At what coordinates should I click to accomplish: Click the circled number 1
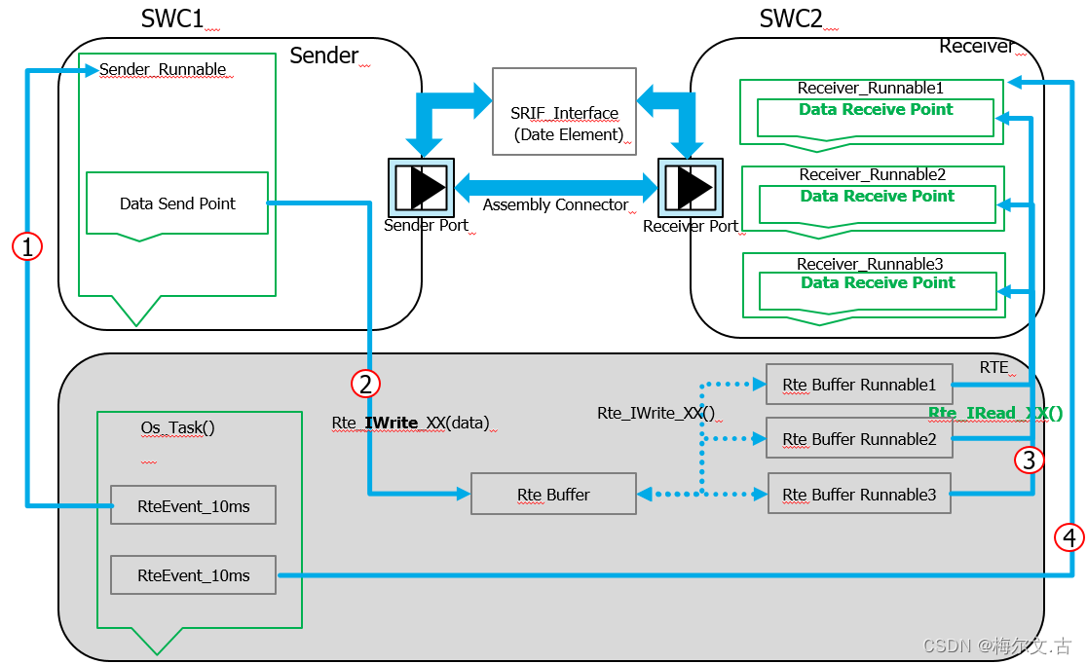click(x=27, y=247)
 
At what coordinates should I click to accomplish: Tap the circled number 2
click(x=365, y=384)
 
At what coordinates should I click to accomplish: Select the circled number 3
click(x=1030, y=459)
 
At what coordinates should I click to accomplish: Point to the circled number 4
click(x=1069, y=536)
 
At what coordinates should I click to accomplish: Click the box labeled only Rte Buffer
click(x=552, y=495)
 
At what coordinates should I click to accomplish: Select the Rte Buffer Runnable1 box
click(x=858, y=385)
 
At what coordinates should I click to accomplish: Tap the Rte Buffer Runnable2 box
click(x=858, y=439)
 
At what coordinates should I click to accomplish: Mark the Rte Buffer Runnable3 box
click(x=858, y=495)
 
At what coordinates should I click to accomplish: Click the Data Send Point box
click(x=177, y=203)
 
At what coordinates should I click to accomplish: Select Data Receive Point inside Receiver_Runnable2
click(x=877, y=197)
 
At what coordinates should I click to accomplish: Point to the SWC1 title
click(x=172, y=18)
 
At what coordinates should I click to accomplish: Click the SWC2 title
click(x=790, y=18)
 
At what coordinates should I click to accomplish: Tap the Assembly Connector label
click(x=555, y=205)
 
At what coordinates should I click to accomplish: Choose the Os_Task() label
click(x=177, y=427)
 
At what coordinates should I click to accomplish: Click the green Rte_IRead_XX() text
click(x=994, y=413)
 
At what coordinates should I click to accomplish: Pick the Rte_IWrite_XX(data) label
click(x=410, y=423)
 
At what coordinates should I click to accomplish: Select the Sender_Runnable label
click(x=163, y=70)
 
